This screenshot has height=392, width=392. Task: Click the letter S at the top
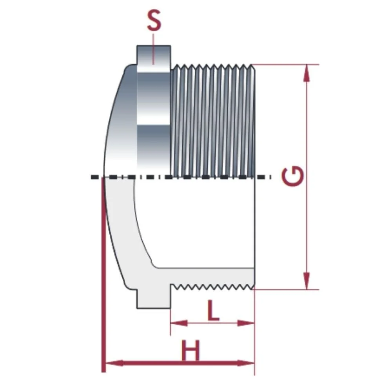pyautogui.click(x=154, y=22)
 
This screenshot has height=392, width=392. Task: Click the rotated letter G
pyautogui.click(x=293, y=177)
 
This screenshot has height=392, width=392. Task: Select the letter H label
pyautogui.click(x=191, y=351)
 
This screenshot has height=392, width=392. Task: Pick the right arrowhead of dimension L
pyautogui.click(x=247, y=323)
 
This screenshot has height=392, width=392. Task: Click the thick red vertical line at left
pyautogui.click(x=103, y=274)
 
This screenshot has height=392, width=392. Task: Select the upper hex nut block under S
pyautogui.click(x=153, y=110)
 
